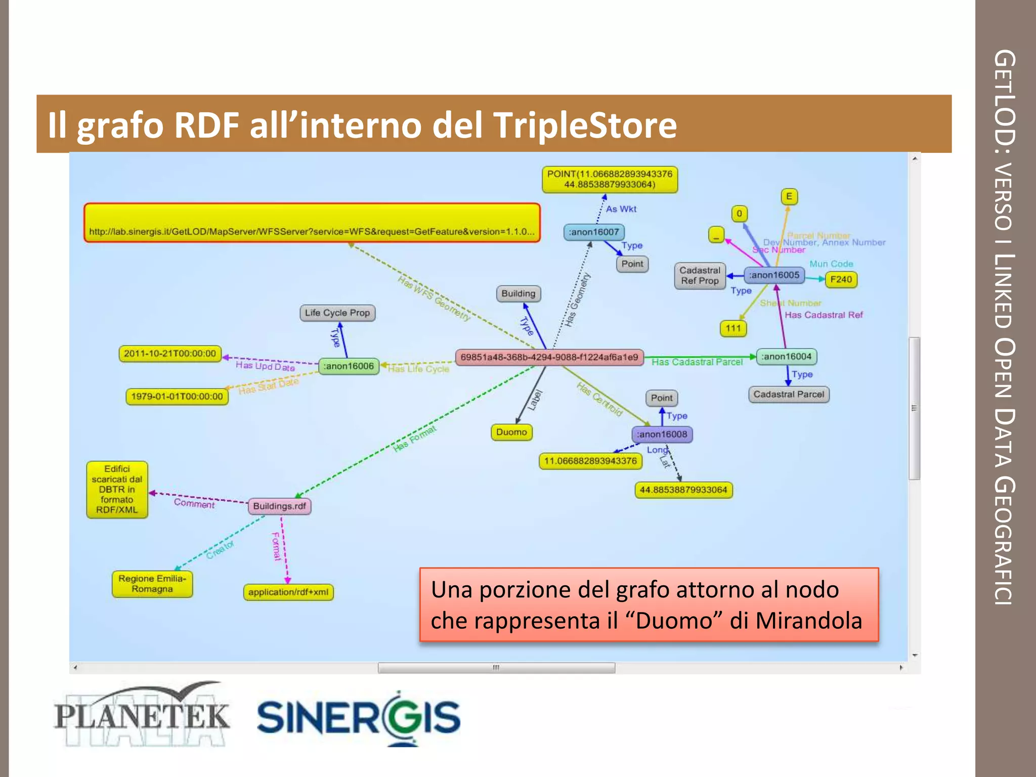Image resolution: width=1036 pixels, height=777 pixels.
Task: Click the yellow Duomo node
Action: [511, 432]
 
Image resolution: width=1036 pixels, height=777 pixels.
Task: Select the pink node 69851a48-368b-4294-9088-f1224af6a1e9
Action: [549, 357]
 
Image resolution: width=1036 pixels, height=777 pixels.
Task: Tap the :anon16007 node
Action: [594, 232]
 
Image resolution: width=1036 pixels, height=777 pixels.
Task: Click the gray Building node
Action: [519, 293]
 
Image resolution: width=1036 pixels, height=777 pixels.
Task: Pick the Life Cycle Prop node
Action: [337, 313]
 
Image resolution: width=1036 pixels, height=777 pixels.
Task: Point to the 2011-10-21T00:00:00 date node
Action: [170, 354]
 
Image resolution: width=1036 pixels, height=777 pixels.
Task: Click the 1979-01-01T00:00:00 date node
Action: [177, 396]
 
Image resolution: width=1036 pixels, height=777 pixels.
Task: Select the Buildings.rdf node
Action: [279, 506]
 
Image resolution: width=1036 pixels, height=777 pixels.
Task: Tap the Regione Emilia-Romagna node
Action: [152, 584]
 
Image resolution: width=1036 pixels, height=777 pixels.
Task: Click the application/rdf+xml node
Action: [288, 592]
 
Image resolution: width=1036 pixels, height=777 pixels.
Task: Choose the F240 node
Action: [841, 279]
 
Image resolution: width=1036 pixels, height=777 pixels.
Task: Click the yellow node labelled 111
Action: [733, 328]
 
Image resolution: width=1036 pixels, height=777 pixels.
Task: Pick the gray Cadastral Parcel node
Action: [789, 394]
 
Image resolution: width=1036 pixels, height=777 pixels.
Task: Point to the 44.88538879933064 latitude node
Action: [683, 490]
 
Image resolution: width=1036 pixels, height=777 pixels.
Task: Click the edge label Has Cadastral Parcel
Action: [697, 362]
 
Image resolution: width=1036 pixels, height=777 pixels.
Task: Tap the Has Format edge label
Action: [414, 439]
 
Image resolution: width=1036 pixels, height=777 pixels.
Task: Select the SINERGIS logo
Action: [359, 717]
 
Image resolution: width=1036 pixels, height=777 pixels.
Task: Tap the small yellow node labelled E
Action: [789, 196]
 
